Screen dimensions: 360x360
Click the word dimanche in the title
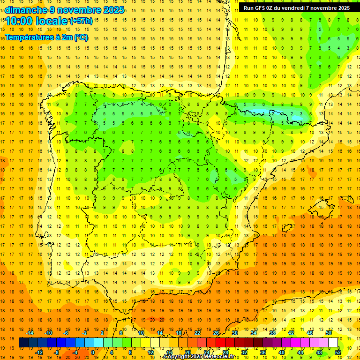(26, 10)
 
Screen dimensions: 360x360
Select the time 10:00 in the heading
(19, 21)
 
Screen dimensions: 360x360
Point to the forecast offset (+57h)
(81, 21)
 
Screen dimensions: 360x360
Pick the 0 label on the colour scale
(92, 352)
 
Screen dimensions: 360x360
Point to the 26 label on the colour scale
(216, 333)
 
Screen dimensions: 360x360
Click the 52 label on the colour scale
(338, 352)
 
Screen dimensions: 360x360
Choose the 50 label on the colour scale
(329, 333)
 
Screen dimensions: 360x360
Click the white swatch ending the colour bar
(333, 343)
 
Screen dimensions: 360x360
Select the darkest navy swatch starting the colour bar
(23, 343)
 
